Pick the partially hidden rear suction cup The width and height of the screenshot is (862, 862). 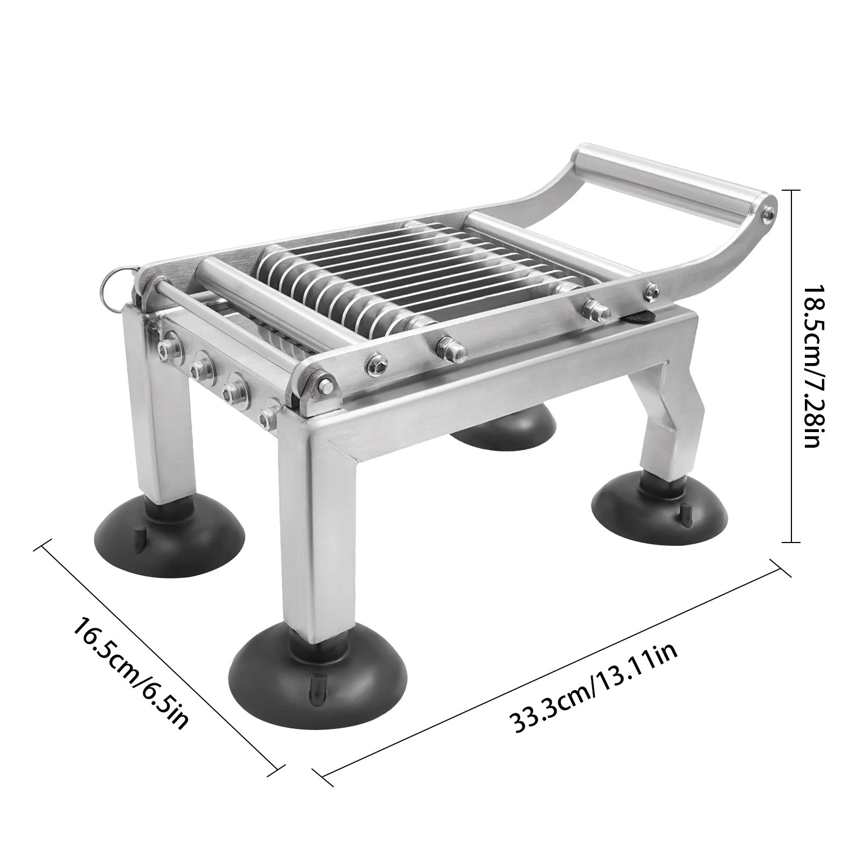tap(504, 426)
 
